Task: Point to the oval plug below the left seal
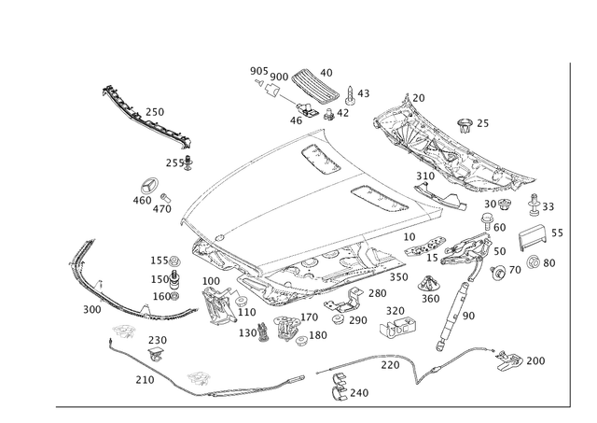click(123, 331)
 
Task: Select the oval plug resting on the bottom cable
click(198, 377)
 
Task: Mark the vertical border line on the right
click(571, 233)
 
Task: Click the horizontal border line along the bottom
click(308, 406)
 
